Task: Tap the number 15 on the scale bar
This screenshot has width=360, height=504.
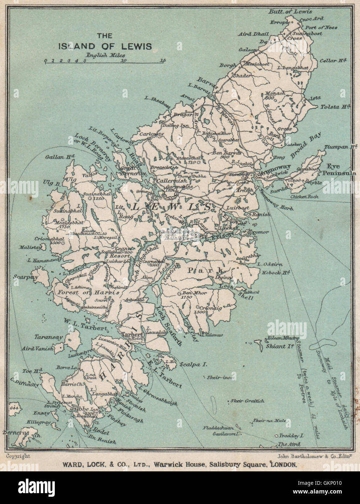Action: (163, 61)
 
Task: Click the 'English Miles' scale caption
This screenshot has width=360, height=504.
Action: (105, 55)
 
